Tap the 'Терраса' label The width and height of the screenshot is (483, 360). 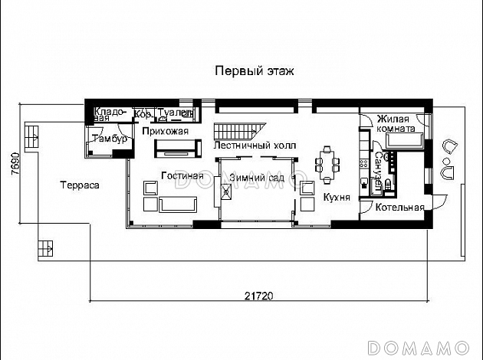tap(78, 185)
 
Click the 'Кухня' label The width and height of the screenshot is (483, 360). tap(337, 197)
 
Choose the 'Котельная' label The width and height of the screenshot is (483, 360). tap(400, 208)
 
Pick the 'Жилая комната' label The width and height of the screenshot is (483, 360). tap(396, 123)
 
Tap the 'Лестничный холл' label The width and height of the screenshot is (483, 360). tap(255, 145)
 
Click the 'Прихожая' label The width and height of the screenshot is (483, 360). tap(166, 131)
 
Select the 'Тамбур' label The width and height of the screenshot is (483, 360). tap(104, 139)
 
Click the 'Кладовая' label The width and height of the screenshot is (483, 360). tap(110, 114)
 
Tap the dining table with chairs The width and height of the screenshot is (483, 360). tap(327, 165)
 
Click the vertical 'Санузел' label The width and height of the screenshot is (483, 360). tap(379, 170)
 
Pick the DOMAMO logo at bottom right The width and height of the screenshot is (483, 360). tap(423, 345)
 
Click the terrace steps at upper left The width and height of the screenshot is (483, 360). tap(33, 136)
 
